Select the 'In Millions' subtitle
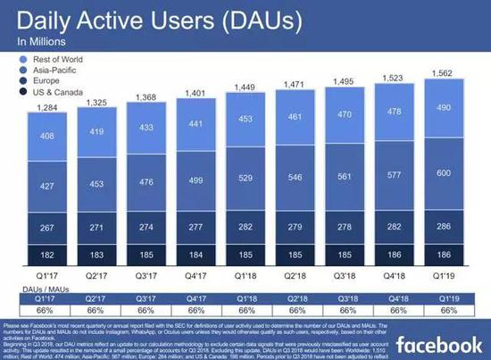pyautogui.click(x=42, y=41)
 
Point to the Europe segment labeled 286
pyautogui.click(x=443, y=227)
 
